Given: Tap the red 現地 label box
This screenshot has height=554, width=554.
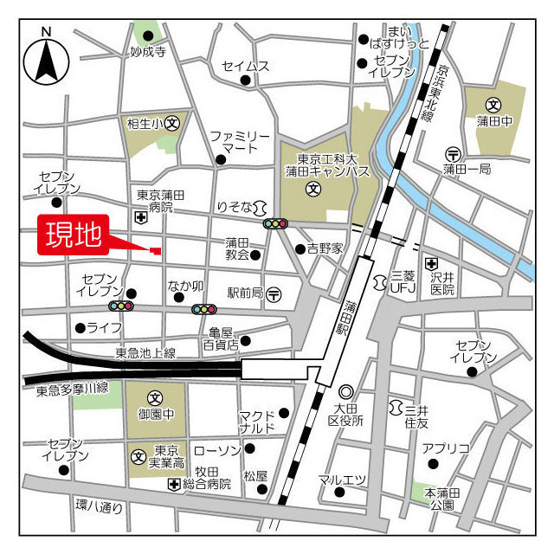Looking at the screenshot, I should click(74, 234).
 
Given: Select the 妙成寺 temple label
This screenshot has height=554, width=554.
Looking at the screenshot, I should click(148, 52).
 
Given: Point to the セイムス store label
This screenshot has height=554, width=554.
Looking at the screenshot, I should click(245, 66).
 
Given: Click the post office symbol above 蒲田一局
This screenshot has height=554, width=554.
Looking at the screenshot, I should click(452, 153).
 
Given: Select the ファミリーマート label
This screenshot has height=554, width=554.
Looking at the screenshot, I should click(240, 142).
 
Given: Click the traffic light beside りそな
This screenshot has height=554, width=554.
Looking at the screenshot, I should click(275, 223).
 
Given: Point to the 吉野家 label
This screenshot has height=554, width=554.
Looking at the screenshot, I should click(325, 248).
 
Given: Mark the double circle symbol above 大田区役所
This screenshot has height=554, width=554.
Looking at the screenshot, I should click(345, 392).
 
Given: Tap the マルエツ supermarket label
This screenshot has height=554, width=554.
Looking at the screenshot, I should click(342, 480).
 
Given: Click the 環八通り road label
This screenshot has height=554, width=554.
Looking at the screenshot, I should click(99, 507).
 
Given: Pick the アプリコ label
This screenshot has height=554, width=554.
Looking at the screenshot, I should click(446, 448).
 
